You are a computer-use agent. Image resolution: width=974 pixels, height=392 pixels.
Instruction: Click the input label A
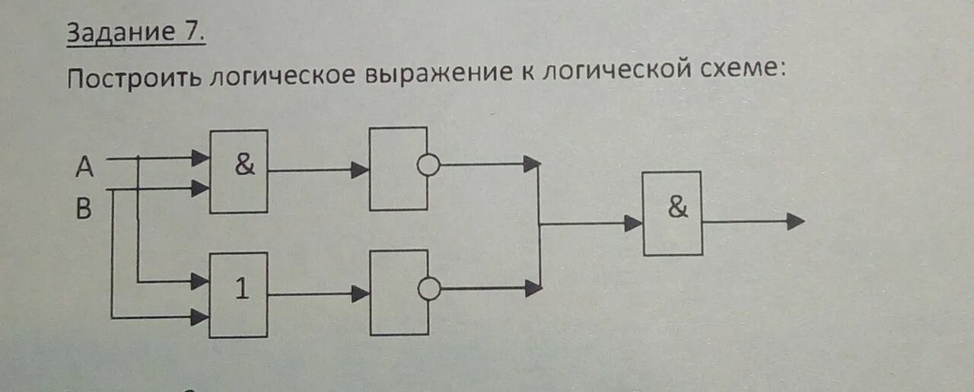(84, 166)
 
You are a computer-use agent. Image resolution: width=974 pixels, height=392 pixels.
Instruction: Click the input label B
(84, 209)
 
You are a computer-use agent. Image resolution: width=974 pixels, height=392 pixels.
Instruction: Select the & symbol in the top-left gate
(244, 164)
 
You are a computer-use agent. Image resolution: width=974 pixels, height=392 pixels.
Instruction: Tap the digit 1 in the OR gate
(241, 290)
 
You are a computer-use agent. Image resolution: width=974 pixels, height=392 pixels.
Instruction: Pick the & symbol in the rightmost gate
(677, 208)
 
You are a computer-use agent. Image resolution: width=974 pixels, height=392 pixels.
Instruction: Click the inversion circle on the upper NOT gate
(429, 165)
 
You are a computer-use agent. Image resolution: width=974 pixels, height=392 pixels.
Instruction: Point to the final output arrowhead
(795, 221)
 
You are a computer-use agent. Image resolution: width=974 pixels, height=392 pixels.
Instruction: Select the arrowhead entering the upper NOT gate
(360, 170)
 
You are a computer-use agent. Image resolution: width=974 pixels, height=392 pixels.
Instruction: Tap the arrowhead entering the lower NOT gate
(360, 294)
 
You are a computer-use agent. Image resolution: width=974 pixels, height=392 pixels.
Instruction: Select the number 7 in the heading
(193, 32)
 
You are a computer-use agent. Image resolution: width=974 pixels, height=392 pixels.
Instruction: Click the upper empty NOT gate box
(397, 169)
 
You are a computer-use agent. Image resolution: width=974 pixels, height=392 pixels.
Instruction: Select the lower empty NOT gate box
(398, 292)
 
